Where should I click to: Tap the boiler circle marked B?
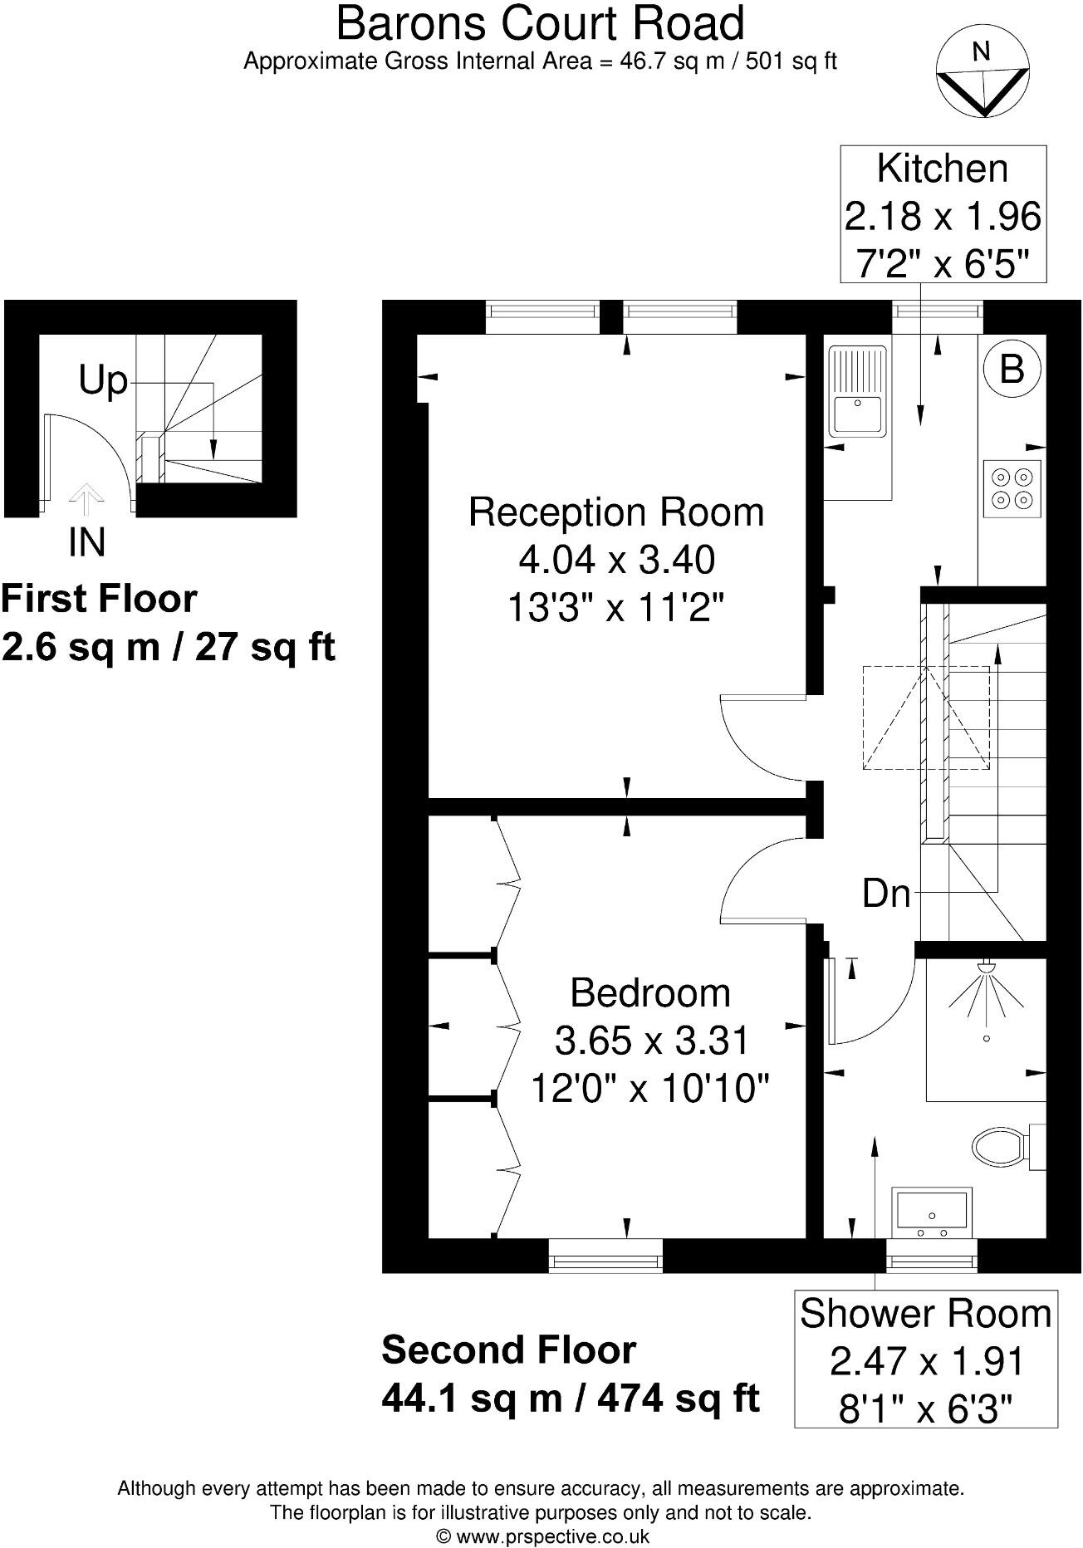[1012, 369]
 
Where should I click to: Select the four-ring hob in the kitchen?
[1012, 488]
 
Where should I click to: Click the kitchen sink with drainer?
[857, 390]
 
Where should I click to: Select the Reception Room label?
[615, 512]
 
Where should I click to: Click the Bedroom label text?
[650, 992]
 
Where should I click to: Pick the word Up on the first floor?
[103, 381]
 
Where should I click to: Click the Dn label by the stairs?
[886, 894]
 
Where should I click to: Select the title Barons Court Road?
[540, 23]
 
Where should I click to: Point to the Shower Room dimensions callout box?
[925, 1359]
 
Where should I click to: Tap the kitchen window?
[937, 311]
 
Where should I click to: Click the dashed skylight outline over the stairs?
[925, 718]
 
